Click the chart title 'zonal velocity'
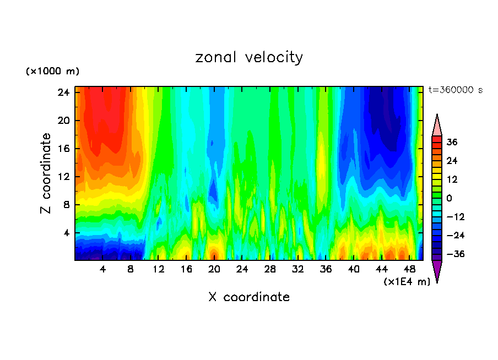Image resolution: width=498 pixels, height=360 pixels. click(x=249, y=57)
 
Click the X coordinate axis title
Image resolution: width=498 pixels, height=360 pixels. click(x=249, y=297)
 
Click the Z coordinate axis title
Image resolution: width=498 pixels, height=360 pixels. click(x=46, y=173)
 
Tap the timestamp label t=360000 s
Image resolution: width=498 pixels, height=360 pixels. click(x=455, y=90)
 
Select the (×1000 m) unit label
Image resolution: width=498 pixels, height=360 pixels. click(x=53, y=72)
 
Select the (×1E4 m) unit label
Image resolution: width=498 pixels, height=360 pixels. click(x=407, y=282)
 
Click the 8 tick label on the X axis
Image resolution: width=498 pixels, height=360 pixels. click(x=131, y=270)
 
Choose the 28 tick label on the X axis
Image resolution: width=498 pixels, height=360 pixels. click(x=270, y=270)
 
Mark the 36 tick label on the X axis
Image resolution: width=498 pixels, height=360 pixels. click(x=326, y=270)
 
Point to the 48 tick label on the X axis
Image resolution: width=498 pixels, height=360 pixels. click(x=409, y=270)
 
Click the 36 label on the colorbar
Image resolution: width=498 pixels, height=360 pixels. click(x=452, y=142)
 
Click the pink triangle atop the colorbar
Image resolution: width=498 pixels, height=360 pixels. click(x=437, y=126)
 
